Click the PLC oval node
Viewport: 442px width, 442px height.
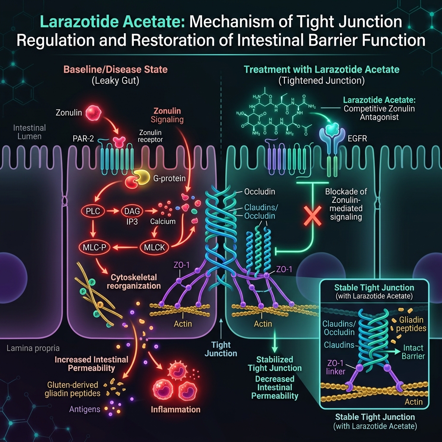pos(93,211)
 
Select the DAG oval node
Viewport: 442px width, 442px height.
pos(132,211)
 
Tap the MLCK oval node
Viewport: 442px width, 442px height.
pos(154,247)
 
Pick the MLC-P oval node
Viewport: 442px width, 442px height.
pos(95,247)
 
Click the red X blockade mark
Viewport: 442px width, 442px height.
pos(313,216)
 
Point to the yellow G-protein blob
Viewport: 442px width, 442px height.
pos(142,177)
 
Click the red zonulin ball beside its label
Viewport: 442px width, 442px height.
pos(93,113)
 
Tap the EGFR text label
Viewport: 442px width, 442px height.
pos(357,139)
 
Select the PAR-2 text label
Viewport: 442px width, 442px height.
pos(83,139)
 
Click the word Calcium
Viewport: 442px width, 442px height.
pos(163,221)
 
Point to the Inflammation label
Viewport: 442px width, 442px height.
pos(176,409)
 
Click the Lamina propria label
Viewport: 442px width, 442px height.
pos(33,349)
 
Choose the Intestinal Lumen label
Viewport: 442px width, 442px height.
pos(29,132)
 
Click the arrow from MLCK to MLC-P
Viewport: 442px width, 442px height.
pos(126,247)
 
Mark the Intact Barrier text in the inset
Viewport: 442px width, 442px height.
pos(413,352)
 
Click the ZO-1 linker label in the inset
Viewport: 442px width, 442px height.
pos(335,367)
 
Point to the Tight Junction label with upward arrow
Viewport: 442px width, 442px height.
pos(221,349)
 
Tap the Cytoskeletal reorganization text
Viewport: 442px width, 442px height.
pos(134,281)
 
